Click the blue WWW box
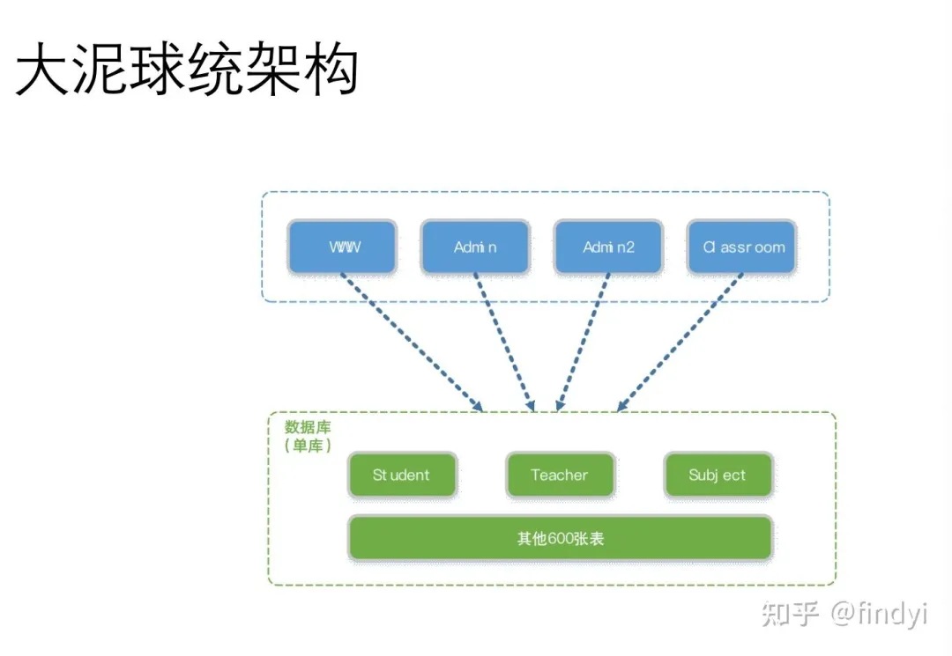coord(343,247)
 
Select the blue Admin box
coord(475,247)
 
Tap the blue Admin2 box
coord(608,247)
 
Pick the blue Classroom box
coord(742,247)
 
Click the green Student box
coord(402,475)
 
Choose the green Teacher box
coord(559,475)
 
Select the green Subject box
coord(718,475)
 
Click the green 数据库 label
coord(308,427)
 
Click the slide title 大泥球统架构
coord(188,71)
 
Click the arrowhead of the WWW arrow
coord(479,407)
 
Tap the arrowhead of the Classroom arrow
coord(621,407)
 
